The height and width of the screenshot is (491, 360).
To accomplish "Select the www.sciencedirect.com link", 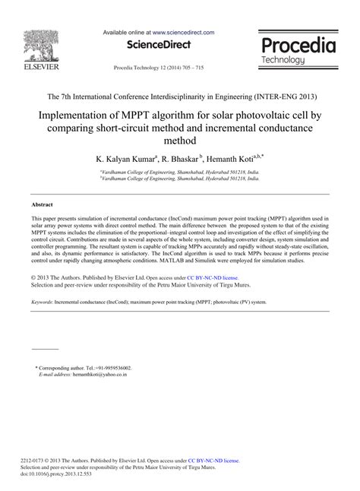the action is pos(183,33).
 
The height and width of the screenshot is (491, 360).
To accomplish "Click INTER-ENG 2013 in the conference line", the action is pos(282,97).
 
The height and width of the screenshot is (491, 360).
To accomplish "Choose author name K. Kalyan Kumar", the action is pos(125,160).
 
